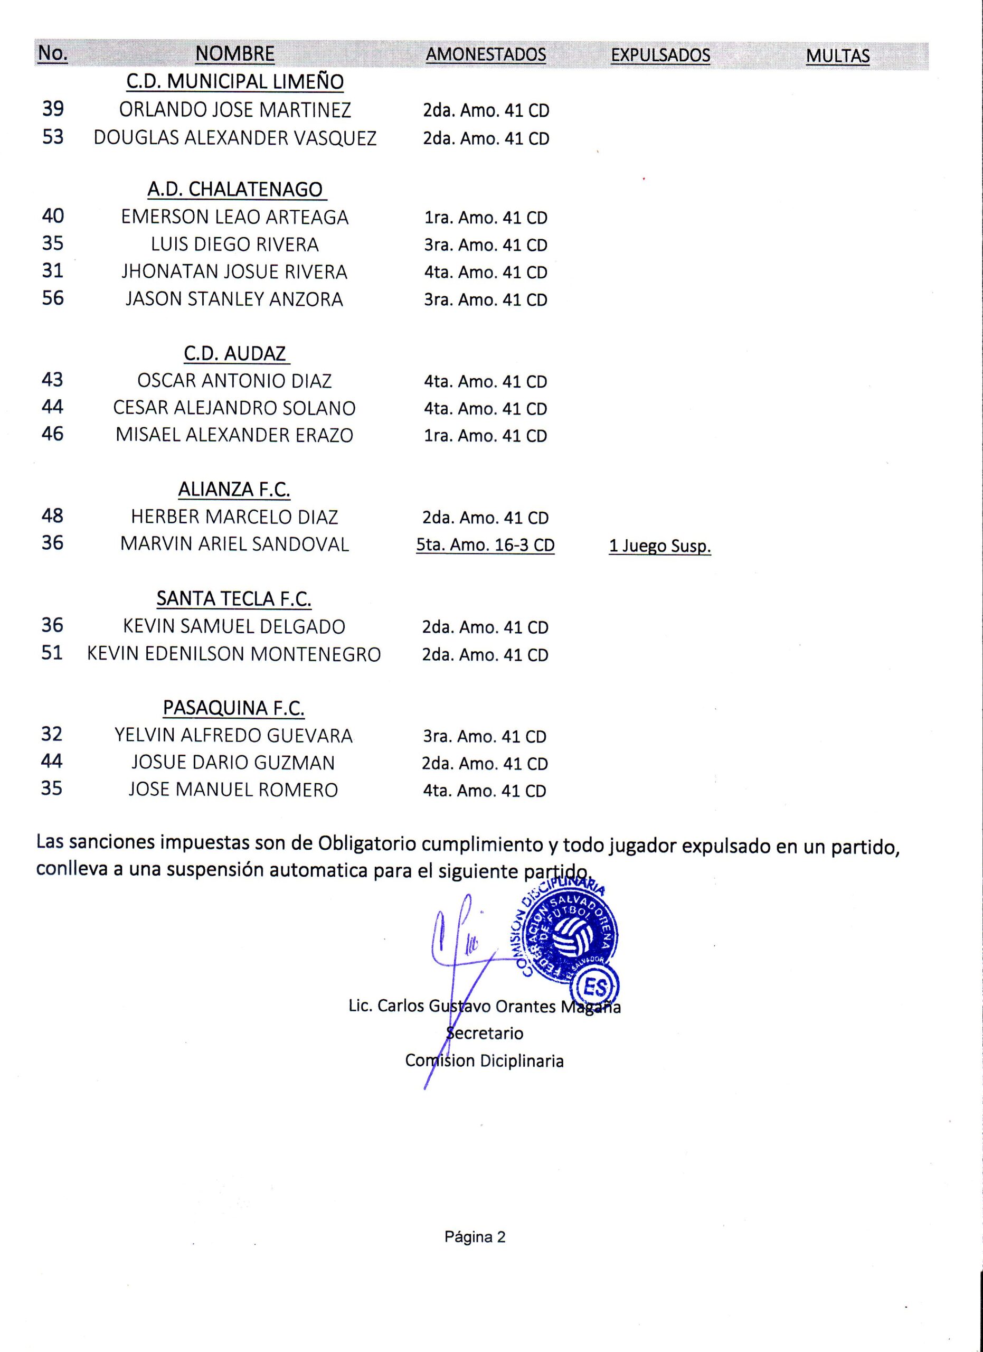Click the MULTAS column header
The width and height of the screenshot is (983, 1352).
pos(837,56)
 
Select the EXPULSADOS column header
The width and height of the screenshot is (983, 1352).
pos(660,55)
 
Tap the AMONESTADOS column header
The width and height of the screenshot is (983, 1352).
pos(486,54)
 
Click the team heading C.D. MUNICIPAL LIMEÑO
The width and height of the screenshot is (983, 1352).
pos(235,82)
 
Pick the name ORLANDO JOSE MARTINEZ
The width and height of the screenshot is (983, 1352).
pos(235,110)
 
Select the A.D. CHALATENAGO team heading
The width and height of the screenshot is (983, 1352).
pos(235,190)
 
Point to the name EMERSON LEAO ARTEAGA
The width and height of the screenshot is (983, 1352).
pos(235,217)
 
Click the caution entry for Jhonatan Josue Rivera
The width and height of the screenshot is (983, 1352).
pos(486,273)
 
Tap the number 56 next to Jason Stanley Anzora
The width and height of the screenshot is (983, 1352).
pos(52,298)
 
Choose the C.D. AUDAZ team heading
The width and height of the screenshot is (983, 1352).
pos(235,353)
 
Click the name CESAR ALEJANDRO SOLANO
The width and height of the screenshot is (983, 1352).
pos(235,408)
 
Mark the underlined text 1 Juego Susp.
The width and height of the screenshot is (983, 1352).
pos(659,546)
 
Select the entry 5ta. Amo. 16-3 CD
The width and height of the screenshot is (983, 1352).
pos(486,546)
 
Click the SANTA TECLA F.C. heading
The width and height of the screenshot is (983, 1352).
pos(234,599)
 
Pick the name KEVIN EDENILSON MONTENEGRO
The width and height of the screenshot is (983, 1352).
pos(234,654)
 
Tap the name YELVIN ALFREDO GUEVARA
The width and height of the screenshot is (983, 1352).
pos(233,736)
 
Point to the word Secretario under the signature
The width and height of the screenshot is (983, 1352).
pos(486,1033)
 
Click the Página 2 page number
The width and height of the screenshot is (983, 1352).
pos(475,1237)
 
